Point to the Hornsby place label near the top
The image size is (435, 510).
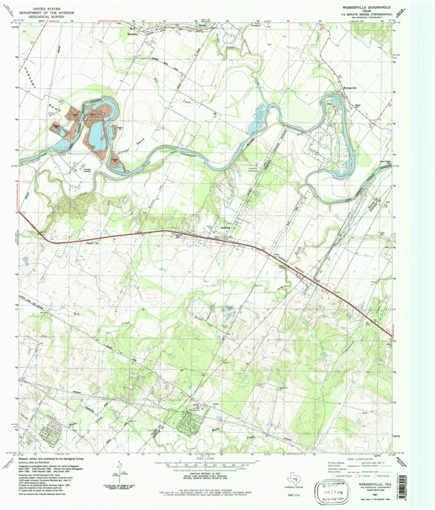coord(132,34)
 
